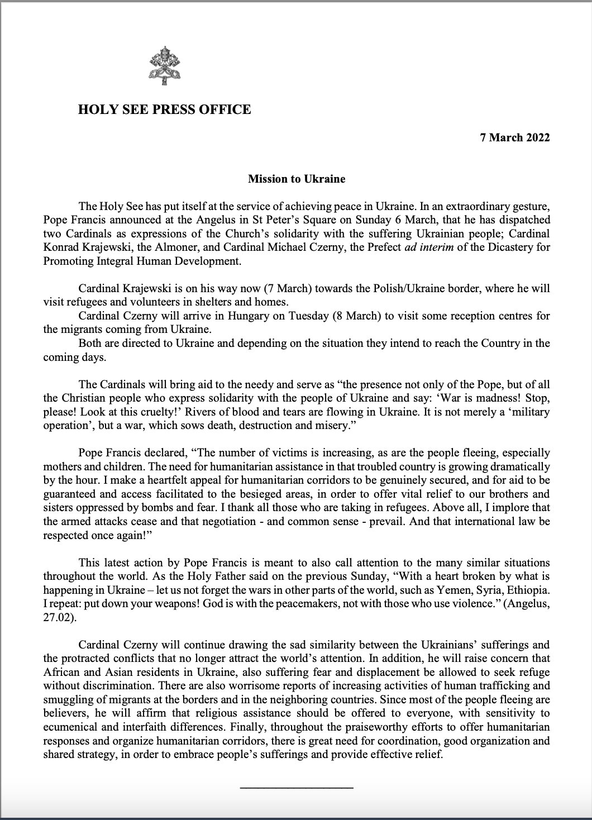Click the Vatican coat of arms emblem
click(164, 64)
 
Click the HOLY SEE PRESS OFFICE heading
click(164, 109)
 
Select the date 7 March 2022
click(515, 138)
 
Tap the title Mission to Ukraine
click(297, 179)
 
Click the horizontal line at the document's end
click(297, 788)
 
